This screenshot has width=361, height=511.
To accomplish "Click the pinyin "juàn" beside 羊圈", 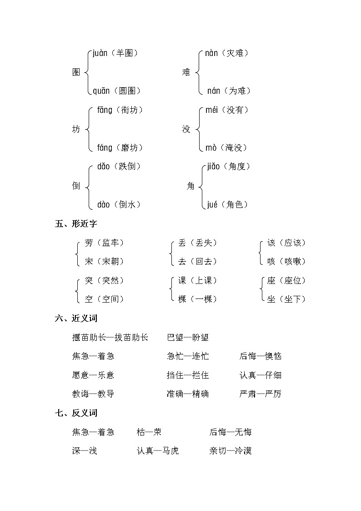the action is tap(100, 54).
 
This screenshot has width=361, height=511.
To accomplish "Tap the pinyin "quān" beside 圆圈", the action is tap(101, 91).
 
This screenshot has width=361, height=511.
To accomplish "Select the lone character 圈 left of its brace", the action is tap(76, 72).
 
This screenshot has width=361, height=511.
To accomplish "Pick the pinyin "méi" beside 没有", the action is tap(213, 110).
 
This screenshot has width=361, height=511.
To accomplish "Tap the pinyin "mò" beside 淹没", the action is tap(211, 148).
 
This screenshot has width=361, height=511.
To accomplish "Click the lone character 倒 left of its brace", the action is tap(76, 186).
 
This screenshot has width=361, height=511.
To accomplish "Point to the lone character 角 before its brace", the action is tap(191, 186).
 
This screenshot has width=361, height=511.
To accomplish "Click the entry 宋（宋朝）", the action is tap(104, 262).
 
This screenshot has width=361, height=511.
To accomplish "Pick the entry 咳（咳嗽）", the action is tap(286, 262).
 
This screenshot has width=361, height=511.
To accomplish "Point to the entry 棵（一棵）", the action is tap(197, 299).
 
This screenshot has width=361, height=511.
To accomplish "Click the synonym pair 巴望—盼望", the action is tap(188, 337).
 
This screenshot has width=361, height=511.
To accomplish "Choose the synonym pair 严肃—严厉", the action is tap(261, 394).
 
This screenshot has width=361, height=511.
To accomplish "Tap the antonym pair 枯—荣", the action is tap(149, 432).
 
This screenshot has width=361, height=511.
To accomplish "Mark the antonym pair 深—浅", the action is tap(84, 451).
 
